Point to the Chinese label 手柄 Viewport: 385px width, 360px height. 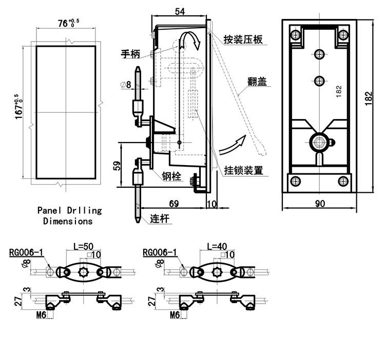coord(130,53)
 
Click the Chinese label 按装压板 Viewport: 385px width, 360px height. coord(243,39)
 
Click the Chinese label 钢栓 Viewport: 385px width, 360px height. coord(172,176)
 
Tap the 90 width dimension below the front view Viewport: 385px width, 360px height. coord(319,204)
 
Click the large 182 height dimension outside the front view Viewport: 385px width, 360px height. coord(368,100)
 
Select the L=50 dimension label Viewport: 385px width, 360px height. coord(84,246)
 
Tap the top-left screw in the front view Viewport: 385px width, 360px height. coord(295,35)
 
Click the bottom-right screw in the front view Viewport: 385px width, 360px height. coord(343,181)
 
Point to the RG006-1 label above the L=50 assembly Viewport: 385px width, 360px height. coord(27,252)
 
